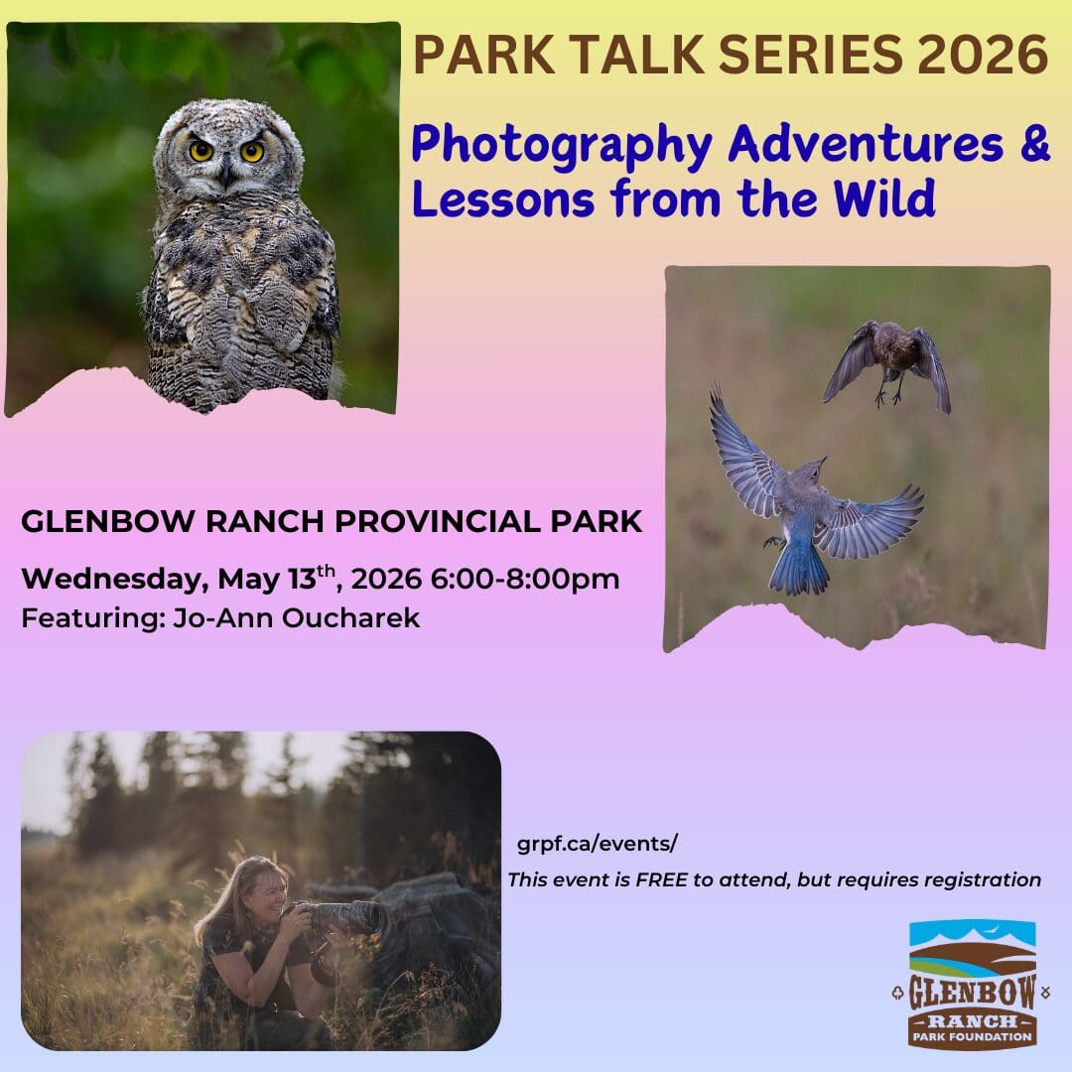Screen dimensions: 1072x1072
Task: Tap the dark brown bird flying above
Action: tap(887, 365)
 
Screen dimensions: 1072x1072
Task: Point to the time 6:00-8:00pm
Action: tap(524, 579)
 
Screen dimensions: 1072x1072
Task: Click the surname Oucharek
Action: tap(350, 618)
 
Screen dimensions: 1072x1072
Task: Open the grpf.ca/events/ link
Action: tap(597, 845)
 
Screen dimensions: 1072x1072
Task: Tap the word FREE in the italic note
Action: tap(661, 879)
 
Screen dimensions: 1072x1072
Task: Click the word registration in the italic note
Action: tap(982, 879)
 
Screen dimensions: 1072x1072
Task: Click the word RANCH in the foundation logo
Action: tap(972, 1022)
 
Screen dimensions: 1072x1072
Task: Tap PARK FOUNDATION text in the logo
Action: tap(972, 1037)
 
